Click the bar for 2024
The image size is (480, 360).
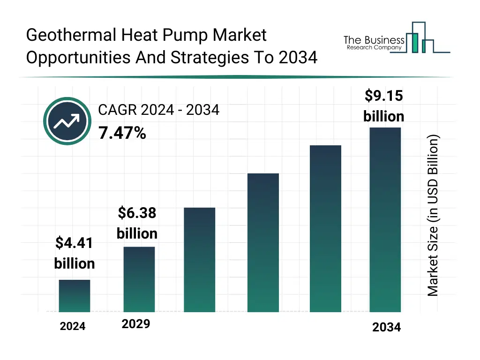pos(75,296)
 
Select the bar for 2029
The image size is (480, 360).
pos(139,279)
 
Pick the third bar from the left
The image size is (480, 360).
pos(200,260)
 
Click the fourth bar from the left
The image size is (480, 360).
pos(263,242)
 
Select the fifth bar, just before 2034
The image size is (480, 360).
pos(326,228)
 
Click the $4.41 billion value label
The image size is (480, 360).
pos(75,253)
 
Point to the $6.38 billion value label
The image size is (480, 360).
pos(137,223)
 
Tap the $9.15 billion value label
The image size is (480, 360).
pos(383,106)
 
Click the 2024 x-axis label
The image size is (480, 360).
pos(73,327)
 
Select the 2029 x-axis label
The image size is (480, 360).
pos(136,324)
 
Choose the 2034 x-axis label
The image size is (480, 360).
pos(387,327)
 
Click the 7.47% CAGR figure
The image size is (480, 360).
pos(122,134)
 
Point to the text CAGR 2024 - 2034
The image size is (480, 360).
pos(158,110)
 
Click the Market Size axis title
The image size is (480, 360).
pos(433,216)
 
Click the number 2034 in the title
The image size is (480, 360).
pos(298,58)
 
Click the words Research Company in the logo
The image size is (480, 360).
pos(374,48)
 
